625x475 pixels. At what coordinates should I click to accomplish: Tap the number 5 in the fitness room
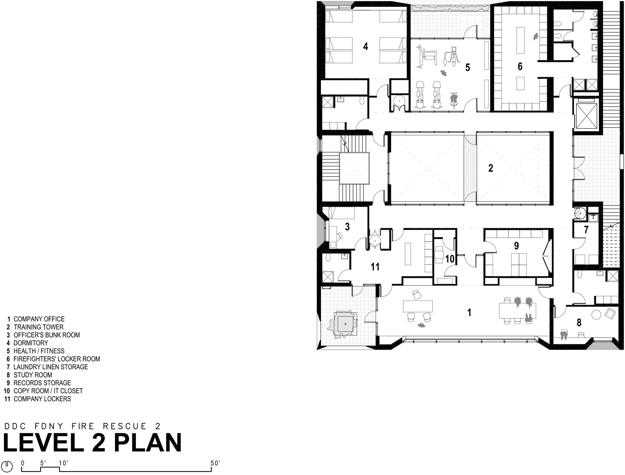(467, 67)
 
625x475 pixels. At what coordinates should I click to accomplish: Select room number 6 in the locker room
(520, 66)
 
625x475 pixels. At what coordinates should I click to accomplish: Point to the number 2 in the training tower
(490, 168)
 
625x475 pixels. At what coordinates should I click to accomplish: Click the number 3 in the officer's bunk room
(347, 227)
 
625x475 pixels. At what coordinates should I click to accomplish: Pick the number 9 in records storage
(516, 246)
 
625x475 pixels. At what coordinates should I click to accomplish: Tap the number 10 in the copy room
(449, 259)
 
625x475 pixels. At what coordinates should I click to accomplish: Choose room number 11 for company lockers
(375, 267)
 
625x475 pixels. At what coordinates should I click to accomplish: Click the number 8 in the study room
(579, 323)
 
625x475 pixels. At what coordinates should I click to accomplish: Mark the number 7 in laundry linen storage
(586, 230)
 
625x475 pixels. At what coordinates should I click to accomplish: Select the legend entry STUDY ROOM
(33, 375)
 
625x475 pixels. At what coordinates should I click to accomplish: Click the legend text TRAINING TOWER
(38, 327)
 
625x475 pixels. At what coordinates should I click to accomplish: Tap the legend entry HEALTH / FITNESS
(39, 351)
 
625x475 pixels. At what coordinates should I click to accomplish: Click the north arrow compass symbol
(7, 466)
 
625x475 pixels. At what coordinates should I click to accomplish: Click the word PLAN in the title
(148, 443)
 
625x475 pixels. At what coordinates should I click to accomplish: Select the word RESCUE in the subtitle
(125, 426)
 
